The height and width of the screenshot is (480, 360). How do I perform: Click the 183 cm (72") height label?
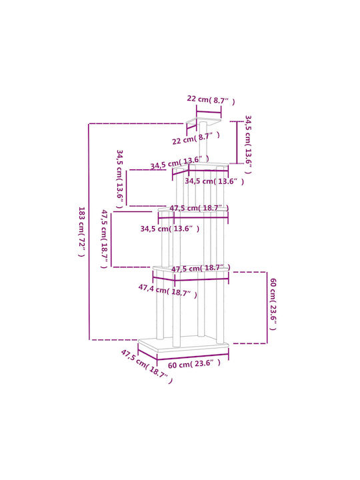pos(81,232)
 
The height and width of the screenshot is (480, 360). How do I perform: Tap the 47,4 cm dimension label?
pos(168,291)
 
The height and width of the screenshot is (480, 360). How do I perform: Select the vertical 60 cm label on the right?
pos(273,304)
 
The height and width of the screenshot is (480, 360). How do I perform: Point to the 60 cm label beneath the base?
pos(194,364)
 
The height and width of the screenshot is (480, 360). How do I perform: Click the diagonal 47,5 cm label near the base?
pos(147,366)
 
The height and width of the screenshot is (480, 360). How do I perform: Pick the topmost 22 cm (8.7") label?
pos(211,100)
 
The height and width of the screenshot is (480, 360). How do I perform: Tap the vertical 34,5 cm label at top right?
pos(248,145)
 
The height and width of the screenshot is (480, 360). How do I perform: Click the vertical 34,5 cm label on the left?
pos(119,179)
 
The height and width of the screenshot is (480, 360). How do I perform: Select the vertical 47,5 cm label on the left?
pos(105,239)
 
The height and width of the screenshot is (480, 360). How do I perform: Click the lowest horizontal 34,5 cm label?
pos(170,229)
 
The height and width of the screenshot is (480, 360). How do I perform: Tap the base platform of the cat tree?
pos(183,345)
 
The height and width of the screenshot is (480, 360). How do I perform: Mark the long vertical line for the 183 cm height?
pos(89,232)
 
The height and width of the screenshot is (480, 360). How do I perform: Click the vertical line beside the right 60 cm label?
pos(267,307)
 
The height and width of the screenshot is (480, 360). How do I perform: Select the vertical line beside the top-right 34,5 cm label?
pos(237,143)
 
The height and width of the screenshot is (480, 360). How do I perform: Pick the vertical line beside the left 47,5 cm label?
pos(111,239)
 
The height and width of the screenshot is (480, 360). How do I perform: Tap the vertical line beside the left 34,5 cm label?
pos(126,188)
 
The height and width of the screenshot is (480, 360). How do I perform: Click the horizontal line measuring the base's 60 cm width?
pos(193,357)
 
